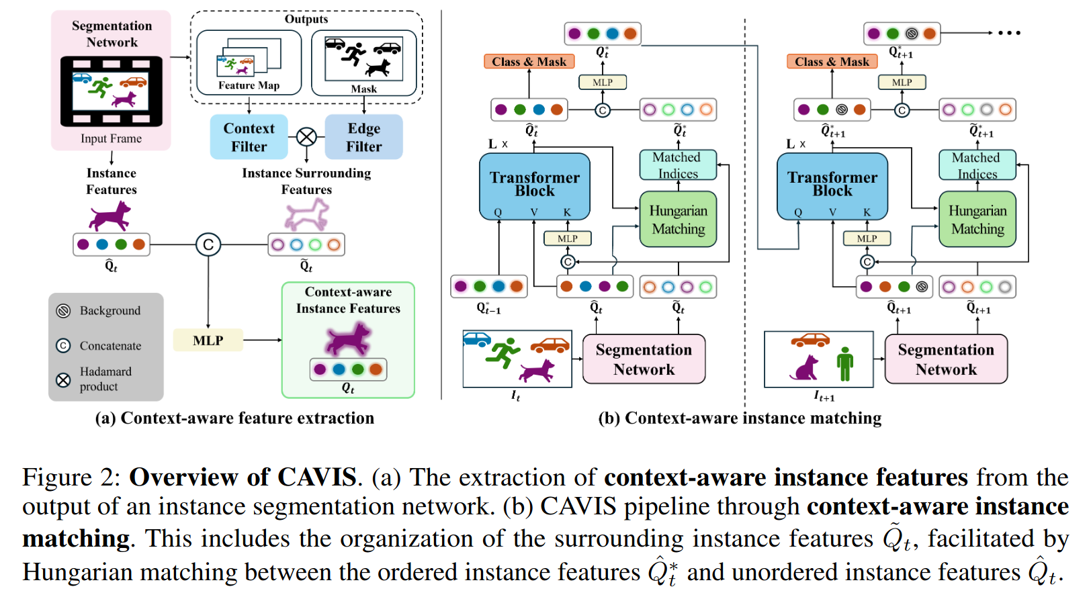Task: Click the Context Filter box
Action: tap(249, 137)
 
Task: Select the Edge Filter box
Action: tap(363, 137)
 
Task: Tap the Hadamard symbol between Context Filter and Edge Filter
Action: tap(306, 137)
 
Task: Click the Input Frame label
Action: tap(111, 138)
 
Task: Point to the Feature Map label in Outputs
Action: tap(249, 85)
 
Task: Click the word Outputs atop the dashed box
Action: tap(306, 19)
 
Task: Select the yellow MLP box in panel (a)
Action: tap(208, 340)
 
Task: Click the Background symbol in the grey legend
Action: tap(63, 311)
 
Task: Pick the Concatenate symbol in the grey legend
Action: tap(63, 346)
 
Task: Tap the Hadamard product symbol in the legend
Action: tap(63, 380)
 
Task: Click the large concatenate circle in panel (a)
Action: tap(208, 244)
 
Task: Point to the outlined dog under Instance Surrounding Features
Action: tap(306, 215)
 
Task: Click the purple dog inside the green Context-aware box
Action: tap(347, 338)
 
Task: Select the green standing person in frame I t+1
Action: tap(844, 363)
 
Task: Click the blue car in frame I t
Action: tap(477, 339)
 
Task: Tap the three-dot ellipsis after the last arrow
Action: tap(1009, 33)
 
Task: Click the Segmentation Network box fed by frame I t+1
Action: tap(946, 359)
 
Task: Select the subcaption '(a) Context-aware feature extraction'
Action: tap(234, 418)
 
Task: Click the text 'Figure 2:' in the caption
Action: tap(71, 477)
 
